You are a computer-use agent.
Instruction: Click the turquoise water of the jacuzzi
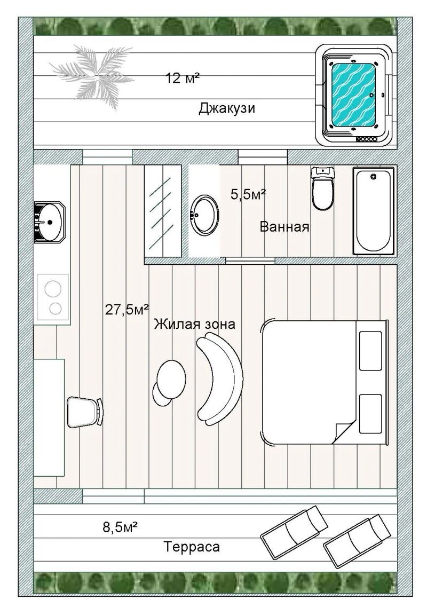[x=354, y=94]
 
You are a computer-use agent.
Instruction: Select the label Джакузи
[x=227, y=108]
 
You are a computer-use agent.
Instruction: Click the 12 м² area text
[x=183, y=78]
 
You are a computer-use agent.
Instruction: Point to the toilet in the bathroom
[x=323, y=188]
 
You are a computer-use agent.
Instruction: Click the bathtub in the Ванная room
[x=374, y=211]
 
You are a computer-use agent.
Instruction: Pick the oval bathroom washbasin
[x=204, y=215]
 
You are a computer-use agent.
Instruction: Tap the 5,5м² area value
[x=248, y=194]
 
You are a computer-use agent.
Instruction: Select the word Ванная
[x=284, y=226]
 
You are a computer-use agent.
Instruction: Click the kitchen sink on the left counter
[x=50, y=222]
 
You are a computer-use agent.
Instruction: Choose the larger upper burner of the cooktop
[x=53, y=289]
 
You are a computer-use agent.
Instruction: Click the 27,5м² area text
[x=127, y=310]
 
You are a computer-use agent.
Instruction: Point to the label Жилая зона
[x=194, y=324]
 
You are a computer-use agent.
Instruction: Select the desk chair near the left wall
[x=85, y=412]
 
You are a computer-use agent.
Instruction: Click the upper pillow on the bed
[x=370, y=351]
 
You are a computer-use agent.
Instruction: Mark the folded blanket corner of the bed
[x=343, y=432]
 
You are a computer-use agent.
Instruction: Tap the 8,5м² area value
[x=120, y=527]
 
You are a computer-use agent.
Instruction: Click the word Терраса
[x=192, y=547]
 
